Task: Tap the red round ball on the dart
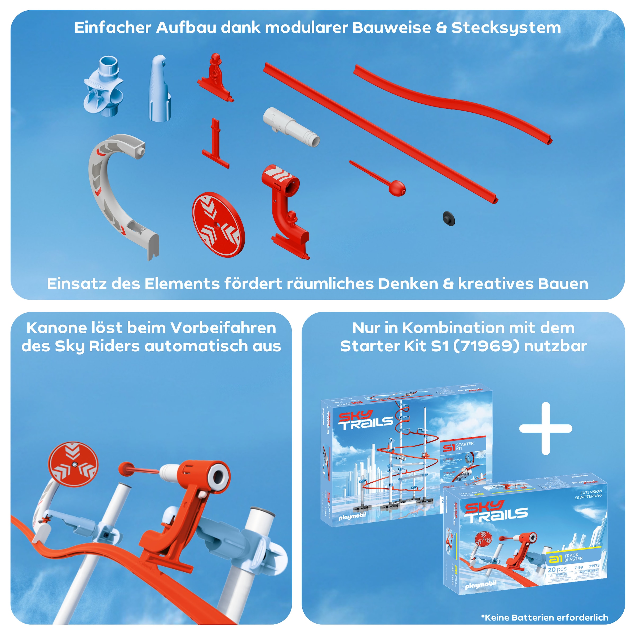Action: tap(397, 189)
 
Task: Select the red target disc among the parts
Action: tap(218, 224)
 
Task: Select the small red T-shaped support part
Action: tap(216, 145)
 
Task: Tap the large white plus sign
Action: tap(545, 428)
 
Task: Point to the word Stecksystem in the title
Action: tap(506, 28)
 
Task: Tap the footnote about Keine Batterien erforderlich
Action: tap(545, 617)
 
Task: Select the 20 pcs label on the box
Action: tap(557, 569)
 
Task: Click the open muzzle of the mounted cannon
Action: tap(218, 475)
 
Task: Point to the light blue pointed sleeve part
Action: tap(160, 88)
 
